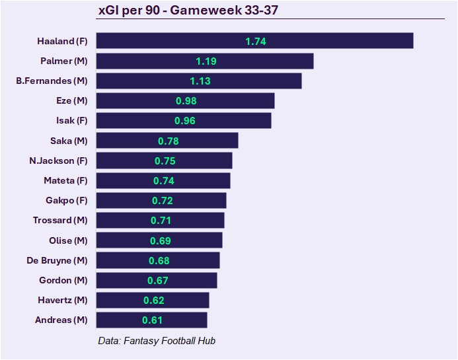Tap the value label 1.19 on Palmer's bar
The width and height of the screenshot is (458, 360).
[206, 61]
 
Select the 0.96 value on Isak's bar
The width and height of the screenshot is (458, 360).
[185, 121]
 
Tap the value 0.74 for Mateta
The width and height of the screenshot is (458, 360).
[164, 180]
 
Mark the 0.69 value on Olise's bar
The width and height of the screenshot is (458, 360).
[161, 240]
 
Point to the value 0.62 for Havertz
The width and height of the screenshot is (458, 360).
[154, 300]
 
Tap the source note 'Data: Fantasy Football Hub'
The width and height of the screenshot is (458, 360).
[157, 341]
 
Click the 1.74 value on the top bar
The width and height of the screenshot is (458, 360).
[256, 41]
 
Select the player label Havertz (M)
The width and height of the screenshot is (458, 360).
[63, 300]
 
